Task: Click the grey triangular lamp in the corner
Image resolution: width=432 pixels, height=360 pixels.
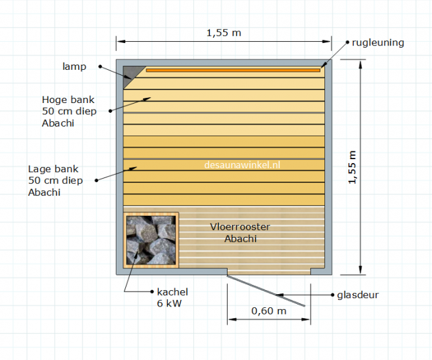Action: click(x=131, y=74)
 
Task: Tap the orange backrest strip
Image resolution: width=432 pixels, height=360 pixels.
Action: click(x=233, y=70)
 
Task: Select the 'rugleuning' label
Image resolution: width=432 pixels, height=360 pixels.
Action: click(x=378, y=42)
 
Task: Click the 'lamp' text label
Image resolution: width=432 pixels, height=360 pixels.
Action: click(x=74, y=67)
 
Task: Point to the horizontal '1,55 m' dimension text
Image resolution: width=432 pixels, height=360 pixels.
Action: click(x=224, y=33)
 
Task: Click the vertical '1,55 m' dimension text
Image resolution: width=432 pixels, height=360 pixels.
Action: click(x=352, y=167)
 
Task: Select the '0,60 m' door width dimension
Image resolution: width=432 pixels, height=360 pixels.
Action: click(x=269, y=311)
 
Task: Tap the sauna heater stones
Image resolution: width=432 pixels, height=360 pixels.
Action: click(x=151, y=240)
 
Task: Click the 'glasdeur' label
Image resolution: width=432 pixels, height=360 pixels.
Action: click(x=358, y=295)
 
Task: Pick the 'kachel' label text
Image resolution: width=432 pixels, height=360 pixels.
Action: click(x=172, y=292)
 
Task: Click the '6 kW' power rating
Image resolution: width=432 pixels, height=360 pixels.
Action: click(x=170, y=303)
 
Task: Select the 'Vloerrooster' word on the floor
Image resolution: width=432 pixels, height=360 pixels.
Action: click(x=240, y=227)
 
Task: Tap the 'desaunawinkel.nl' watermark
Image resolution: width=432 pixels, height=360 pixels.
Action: click(x=242, y=165)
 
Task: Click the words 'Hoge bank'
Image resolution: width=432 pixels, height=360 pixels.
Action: click(x=68, y=100)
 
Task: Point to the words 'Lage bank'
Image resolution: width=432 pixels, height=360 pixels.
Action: click(x=53, y=169)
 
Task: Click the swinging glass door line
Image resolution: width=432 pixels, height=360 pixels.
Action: click(x=266, y=291)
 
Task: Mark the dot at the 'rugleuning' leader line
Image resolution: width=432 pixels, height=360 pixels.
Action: click(x=347, y=42)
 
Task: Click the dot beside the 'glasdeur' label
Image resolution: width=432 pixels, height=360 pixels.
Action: click(x=333, y=295)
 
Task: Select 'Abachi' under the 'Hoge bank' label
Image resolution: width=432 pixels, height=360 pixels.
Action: click(x=58, y=123)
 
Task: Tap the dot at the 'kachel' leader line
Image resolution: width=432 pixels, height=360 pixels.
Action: click(x=152, y=292)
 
